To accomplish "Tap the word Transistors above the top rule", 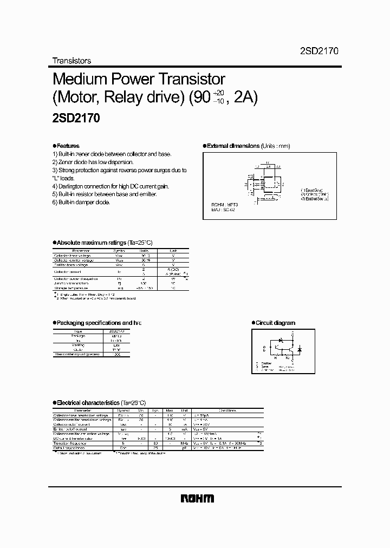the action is pos(71,61).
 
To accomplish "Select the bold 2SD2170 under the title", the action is pos(75,118).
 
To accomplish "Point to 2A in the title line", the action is pos(244,99).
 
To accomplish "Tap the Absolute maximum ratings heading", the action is pos(91,243).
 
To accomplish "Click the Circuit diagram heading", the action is pos(275,323).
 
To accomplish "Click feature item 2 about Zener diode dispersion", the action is pos(93,162).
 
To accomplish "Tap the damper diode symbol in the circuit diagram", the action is pos(300,350).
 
